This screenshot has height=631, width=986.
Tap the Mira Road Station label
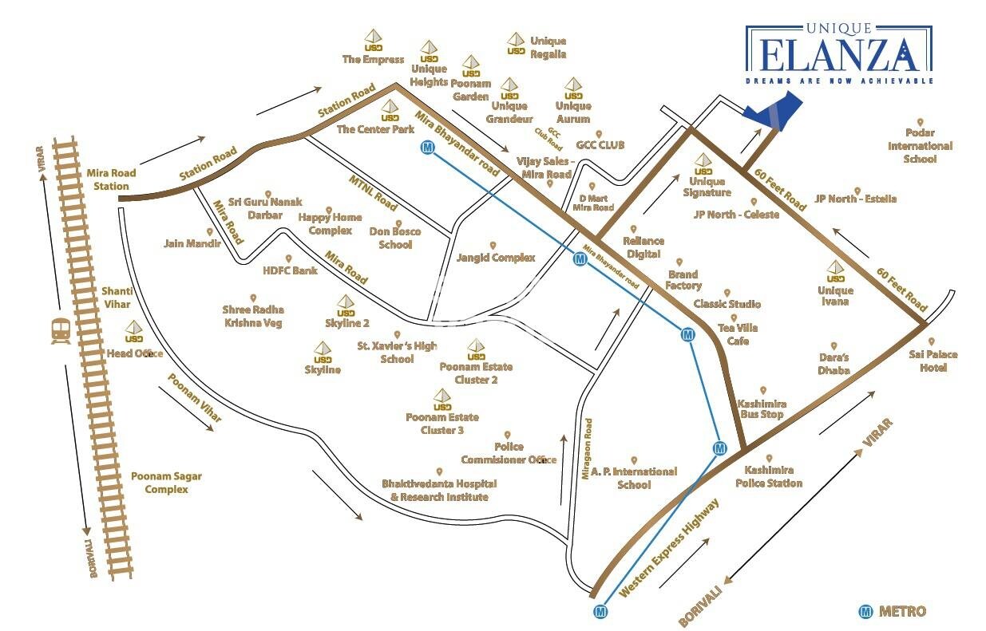click(110, 179)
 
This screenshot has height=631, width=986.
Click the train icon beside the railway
click(60, 329)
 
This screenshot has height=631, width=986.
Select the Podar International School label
click(920, 146)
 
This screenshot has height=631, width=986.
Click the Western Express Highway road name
click(670, 549)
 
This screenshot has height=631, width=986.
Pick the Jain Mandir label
click(192, 243)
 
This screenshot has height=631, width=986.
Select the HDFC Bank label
click(290, 270)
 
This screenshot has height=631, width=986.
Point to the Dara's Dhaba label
click(834, 363)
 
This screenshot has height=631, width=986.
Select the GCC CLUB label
click(600, 145)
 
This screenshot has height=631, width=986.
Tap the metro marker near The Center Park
click(429, 148)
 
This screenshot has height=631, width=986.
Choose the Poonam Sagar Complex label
click(167, 483)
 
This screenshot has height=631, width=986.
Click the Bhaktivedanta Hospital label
click(439, 490)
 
